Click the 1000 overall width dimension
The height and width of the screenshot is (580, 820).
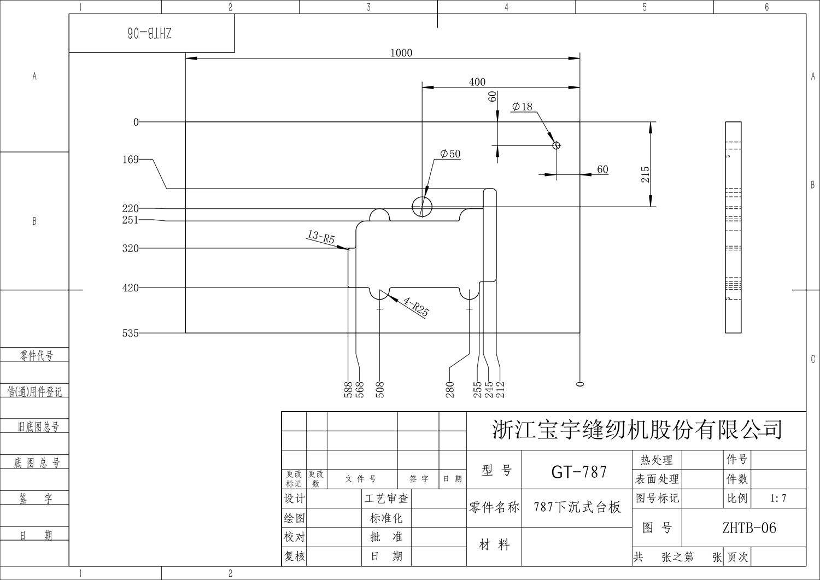point(401,53)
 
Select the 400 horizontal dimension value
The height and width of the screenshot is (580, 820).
point(477,82)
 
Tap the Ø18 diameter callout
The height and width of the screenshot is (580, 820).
point(523,107)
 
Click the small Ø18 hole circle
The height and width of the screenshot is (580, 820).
point(556,145)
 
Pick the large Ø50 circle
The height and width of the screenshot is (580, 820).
point(421,207)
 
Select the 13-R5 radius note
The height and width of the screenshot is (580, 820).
point(321,237)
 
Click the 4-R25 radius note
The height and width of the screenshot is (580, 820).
point(416,307)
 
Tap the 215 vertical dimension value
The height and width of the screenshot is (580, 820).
point(645,174)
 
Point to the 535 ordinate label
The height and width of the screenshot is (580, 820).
point(130,333)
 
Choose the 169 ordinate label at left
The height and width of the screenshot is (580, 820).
point(130,160)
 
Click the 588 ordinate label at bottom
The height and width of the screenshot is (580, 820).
point(348,389)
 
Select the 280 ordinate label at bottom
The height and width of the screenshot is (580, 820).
point(450,389)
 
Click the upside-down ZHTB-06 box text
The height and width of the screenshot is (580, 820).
point(150,33)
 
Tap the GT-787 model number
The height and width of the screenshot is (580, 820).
point(579,472)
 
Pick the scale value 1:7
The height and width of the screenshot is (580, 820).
point(777,498)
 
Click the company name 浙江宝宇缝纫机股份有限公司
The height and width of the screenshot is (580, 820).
point(637,430)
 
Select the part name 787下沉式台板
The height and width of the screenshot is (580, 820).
point(577,507)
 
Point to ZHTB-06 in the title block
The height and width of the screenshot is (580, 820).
point(749,528)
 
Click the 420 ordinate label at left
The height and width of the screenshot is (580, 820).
point(130,288)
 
